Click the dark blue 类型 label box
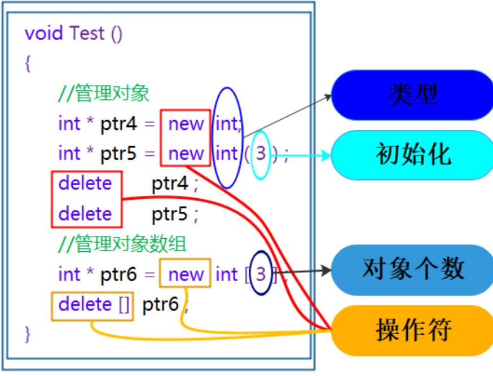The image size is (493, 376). point(412,95)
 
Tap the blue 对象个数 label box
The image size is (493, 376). point(412,270)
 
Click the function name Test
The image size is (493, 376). point(87,33)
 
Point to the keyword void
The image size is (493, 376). point(45,33)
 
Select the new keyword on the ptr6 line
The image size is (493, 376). point(186,274)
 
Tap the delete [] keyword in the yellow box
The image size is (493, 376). point(93,305)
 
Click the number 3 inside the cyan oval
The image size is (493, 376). point(261,154)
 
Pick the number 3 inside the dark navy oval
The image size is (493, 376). point(261,274)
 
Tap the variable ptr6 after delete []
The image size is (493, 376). point(161,305)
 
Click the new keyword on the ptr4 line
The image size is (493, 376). point(186,124)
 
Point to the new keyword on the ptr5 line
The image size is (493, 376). point(186,154)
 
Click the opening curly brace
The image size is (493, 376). point(28,63)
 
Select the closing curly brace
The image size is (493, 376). point(28,334)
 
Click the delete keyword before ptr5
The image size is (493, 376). point(85,214)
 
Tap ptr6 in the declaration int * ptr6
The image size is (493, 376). point(119,274)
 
